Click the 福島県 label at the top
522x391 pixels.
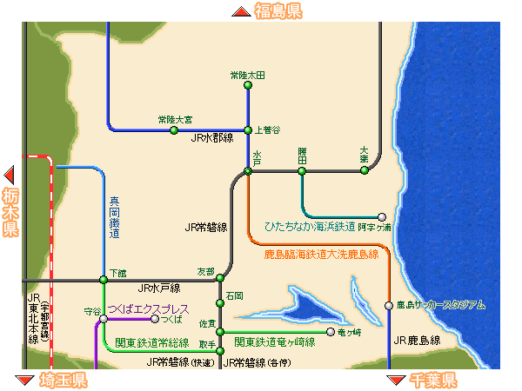(278, 11)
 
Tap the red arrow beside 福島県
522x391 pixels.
(241, 11)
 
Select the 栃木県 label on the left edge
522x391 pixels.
(10, 212)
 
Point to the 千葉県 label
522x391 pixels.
(432, 381)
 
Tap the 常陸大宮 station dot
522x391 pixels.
(174, 130)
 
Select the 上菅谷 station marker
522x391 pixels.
(248, 130)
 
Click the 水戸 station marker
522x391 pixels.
(248, 171)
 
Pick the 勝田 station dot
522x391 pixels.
(302, 171)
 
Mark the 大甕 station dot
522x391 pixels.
(365, 170)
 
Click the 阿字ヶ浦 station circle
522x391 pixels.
(381, 216)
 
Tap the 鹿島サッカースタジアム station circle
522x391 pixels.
(389, 305)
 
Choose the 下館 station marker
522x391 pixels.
(104, 280)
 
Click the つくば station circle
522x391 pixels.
(155, 319)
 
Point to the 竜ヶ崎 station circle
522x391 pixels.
(331, 331)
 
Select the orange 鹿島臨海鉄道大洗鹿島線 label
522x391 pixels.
(322, 255)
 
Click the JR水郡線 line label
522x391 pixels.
(213, 137)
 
